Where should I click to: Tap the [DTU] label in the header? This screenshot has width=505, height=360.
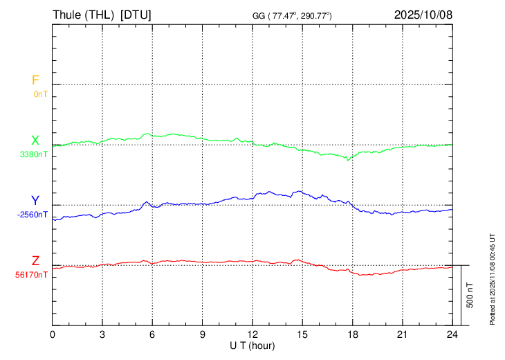(x=136, y=15)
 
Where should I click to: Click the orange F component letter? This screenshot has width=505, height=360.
(x=35, y=80)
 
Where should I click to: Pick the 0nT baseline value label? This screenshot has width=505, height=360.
(x=41, y=93)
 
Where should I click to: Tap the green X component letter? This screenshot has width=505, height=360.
(x=35, y=141)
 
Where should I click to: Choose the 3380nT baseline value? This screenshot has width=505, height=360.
(x=35, y=154)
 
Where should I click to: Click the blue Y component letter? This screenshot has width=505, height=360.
(x=35, y=201)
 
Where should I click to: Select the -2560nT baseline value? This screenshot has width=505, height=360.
(x=33, y=214)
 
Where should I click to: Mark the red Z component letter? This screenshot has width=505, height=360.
(x=35, y=261)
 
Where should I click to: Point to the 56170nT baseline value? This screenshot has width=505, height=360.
(x=32, y=274)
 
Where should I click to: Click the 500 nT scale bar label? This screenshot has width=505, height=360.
(x=470, y=295)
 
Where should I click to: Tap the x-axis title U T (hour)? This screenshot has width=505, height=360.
(x=252, y=345)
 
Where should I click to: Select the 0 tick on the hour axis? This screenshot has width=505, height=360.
(x=53, y=334)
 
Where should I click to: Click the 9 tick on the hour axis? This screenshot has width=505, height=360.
(x=203, y=334)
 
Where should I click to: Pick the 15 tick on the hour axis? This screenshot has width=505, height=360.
(x=302, y=334)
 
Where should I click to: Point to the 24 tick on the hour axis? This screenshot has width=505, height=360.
(x=452, y=334)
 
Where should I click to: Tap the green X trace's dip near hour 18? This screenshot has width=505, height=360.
(x=348, y=159)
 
